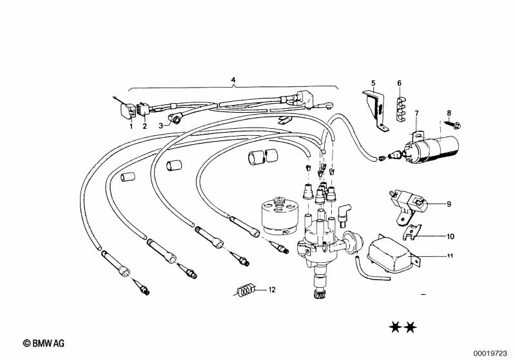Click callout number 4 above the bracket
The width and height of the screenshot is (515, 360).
(x=233, y=81)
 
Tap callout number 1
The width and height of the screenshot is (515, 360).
(x=130, y=126)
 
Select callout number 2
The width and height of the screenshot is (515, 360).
(x=144, y=126)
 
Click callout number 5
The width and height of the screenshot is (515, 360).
(x=373, y=83)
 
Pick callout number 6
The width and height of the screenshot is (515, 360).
(x=399, y=83)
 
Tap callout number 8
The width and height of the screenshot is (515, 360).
(x=449, y=113)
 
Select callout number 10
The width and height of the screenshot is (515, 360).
(x=450, y=236)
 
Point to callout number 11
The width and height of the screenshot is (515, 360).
(x=450, y=257)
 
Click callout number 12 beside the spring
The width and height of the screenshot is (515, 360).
(x=271, y=290)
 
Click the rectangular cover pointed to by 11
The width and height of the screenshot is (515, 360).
(x=389, y=254)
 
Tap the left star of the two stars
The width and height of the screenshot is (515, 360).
(x=394, y=328)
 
